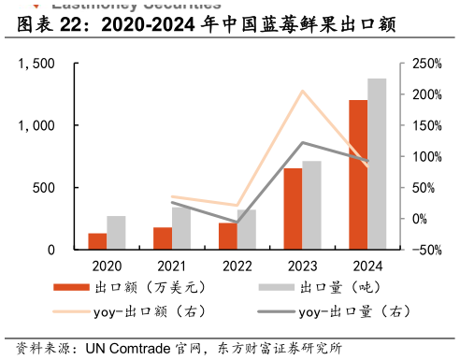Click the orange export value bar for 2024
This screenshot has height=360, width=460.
pyautogui.click(x=358, y=175)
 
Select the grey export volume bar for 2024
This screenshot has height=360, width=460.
pyautogui.click(x=377, y=164)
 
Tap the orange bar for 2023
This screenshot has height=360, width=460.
pyautogui.click(x=293, y=209)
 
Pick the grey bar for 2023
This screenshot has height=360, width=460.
pyautogui.click(x=311, y=205)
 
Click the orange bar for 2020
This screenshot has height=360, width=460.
pyautogui.click(x=97, y=241)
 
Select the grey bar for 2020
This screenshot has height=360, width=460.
pyautogui.click(x=116, y=233)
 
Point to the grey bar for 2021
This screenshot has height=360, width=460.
pyautogui.click(x=181, y=228)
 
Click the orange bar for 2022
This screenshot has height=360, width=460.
pyautogui.click(x=227, y=236)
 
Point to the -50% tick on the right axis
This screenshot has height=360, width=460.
pyautogui.click(x=419, y=250)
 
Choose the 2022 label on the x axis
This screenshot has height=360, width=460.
pyautogui.click(x=237, y=266)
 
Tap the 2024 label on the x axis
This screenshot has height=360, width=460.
pyautogui.click(x=367, y=266)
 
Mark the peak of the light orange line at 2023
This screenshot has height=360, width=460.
pyautogui.click(x=302, y=91)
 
